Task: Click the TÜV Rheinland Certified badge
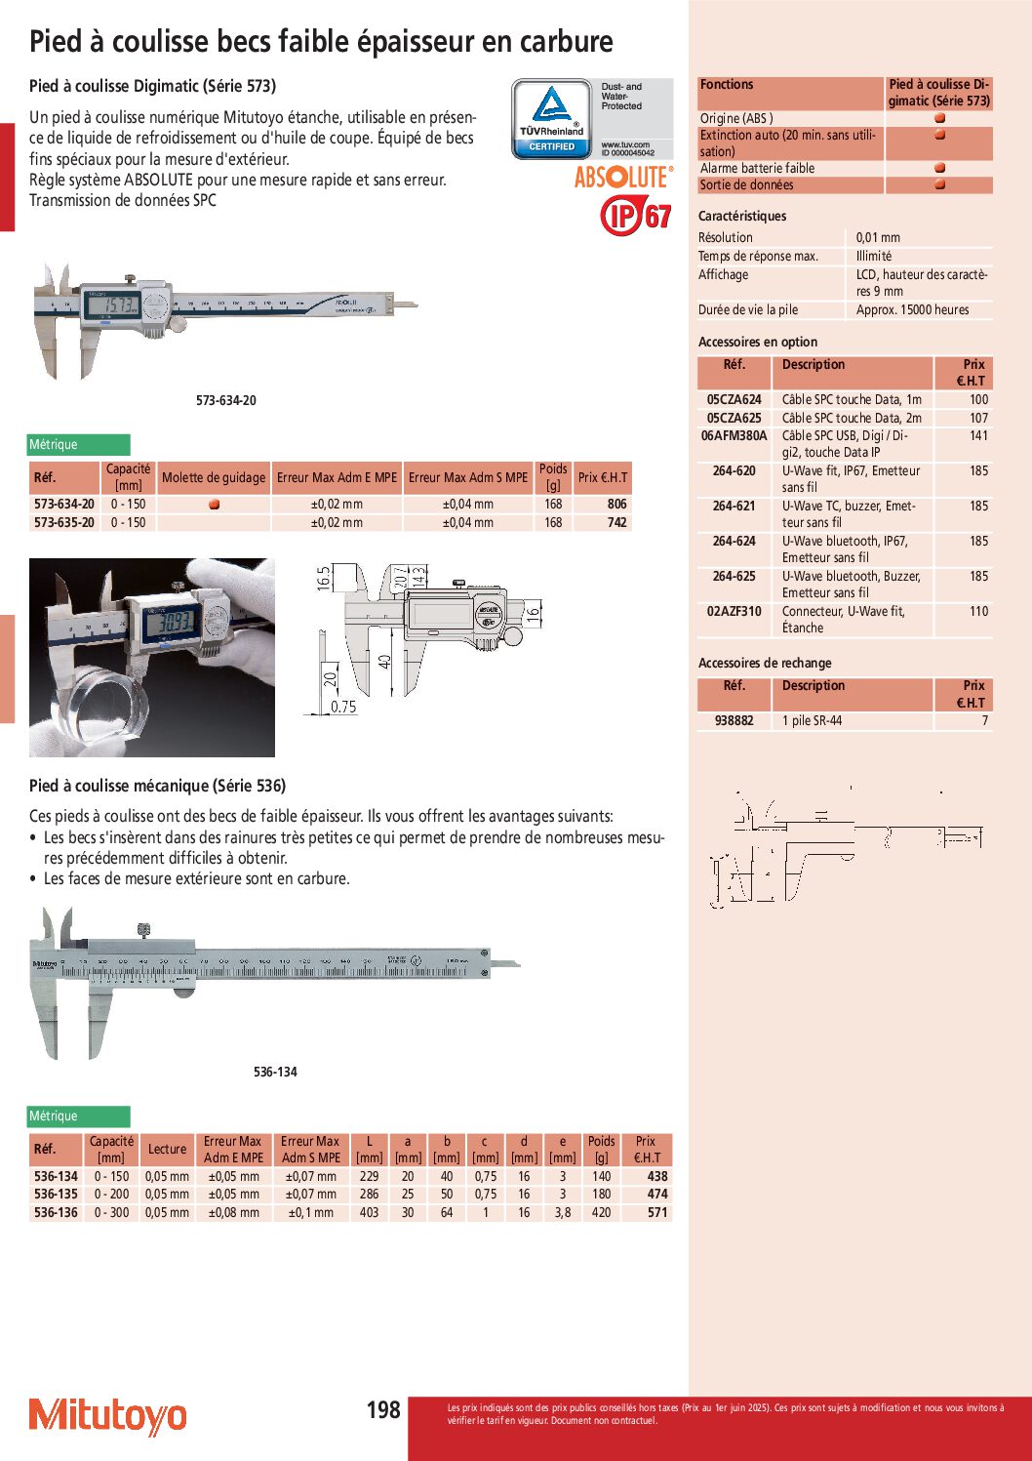tap(552, 119)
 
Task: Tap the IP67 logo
tap(636, 215)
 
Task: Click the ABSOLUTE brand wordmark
tap(622, 178)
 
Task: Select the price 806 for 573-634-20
tap(616, 505)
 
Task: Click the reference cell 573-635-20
tap(64, 523)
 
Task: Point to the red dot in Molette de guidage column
tap(214, 505)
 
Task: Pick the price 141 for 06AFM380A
tap(978, 436)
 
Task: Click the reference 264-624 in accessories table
tap(734, 542)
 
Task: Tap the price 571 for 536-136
tap(657, 1213)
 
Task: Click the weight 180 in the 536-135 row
tap(601, 1195)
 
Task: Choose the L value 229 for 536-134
tap(369, 1177)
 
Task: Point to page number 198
tap(383, 1410)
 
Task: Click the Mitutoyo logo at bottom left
tap(107, 1416)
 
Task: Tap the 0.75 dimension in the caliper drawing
tap(343, 708)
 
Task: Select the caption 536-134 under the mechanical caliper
tap(275, 1073)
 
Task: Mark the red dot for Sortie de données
tap(939, 184)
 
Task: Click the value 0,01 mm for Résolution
tap(878, 238)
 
